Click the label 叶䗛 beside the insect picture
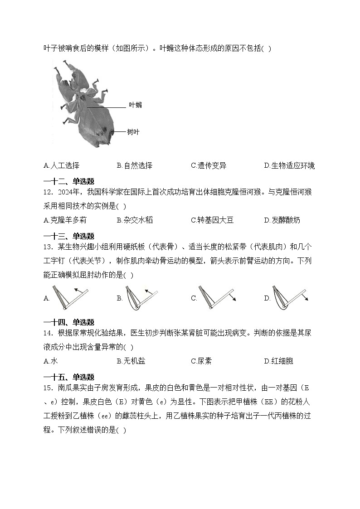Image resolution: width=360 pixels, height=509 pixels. pos(135,105)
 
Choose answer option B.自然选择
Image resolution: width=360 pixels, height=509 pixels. pos(135,165)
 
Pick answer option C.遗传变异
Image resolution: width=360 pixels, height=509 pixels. pos(209,165)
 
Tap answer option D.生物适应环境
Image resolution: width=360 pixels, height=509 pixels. pos(289,165)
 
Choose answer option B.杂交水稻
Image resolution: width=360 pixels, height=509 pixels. pos(135,220)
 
